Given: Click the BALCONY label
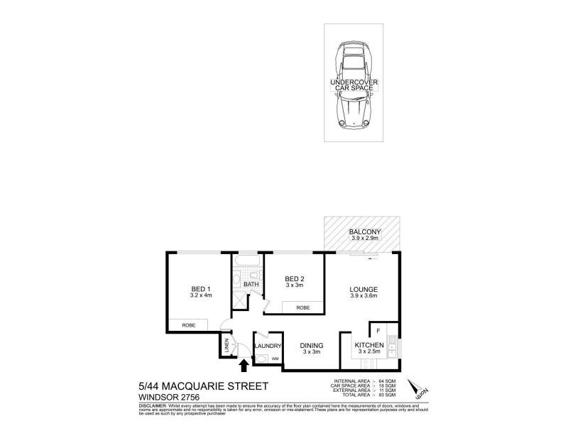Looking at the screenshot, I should pos(366,232).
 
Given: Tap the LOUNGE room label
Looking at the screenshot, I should pos(362,290).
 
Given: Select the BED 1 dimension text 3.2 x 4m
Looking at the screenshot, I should pos(201,296).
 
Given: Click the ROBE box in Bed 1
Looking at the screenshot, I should pos(188,324).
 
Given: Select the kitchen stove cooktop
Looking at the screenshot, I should pos(369,363).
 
